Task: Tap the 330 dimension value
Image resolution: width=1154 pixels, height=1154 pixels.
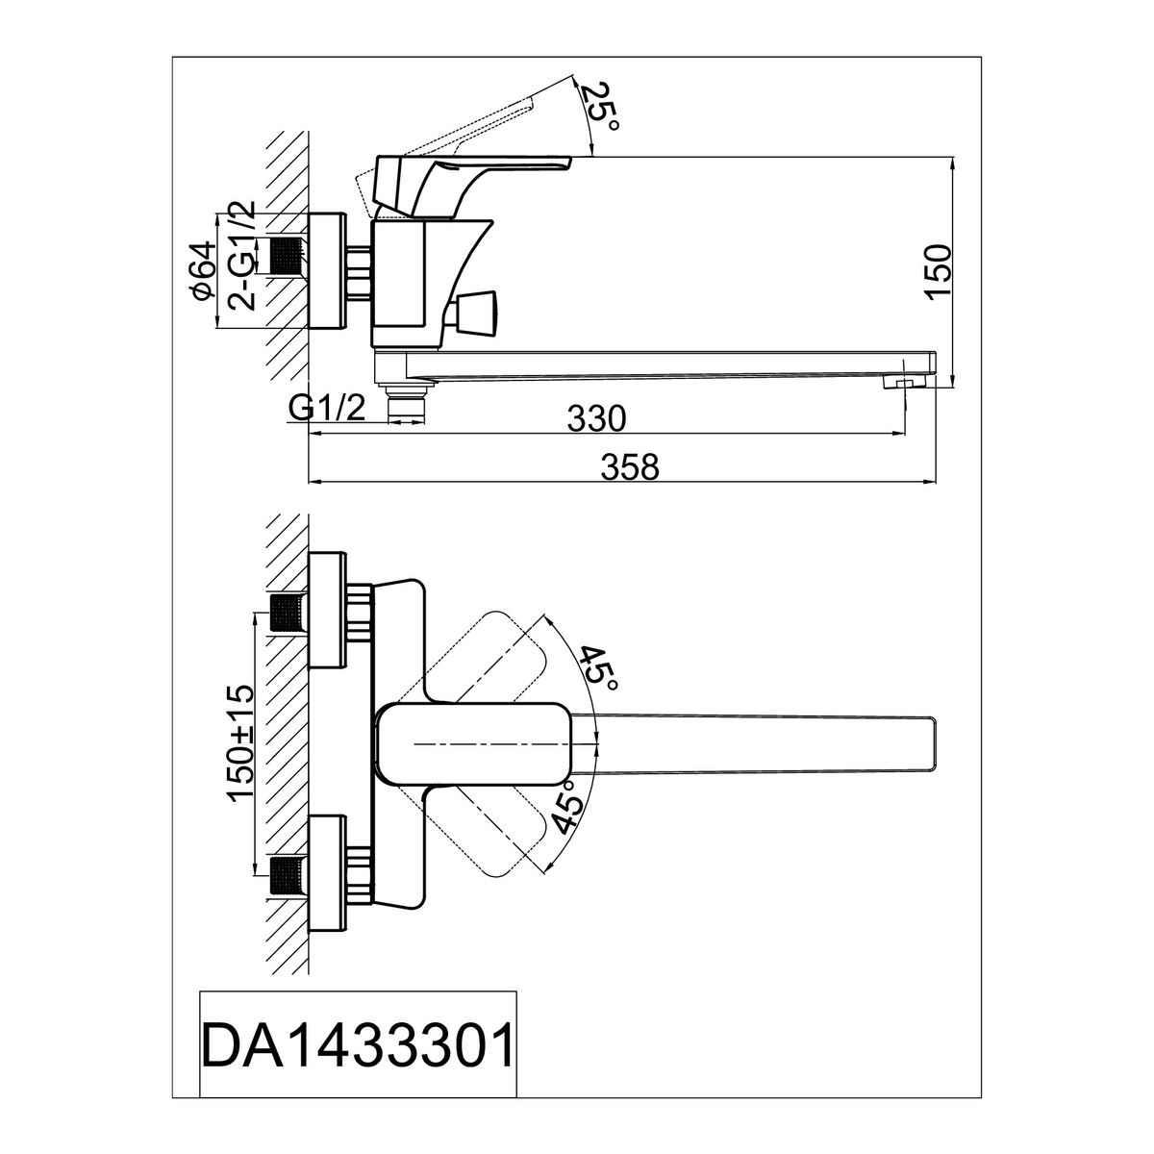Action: pos(596,418)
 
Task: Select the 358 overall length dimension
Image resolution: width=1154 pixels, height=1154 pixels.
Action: pos(629,467)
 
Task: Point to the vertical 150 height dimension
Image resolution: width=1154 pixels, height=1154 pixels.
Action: pos(939,270)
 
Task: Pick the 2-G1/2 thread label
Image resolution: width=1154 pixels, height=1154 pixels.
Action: pos(242,256)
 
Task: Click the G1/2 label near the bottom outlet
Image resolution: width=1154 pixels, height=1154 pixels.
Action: pos(326,409)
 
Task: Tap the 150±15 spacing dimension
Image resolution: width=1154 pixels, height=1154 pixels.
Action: pos(240,743)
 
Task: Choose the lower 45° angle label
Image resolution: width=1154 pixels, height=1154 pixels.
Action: pos(567,807)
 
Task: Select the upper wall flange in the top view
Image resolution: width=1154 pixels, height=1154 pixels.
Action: pos(327,611)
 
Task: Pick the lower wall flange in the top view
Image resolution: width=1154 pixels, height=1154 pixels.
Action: pos(327,873)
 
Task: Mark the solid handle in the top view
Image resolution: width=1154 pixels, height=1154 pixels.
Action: pos(474,743)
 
